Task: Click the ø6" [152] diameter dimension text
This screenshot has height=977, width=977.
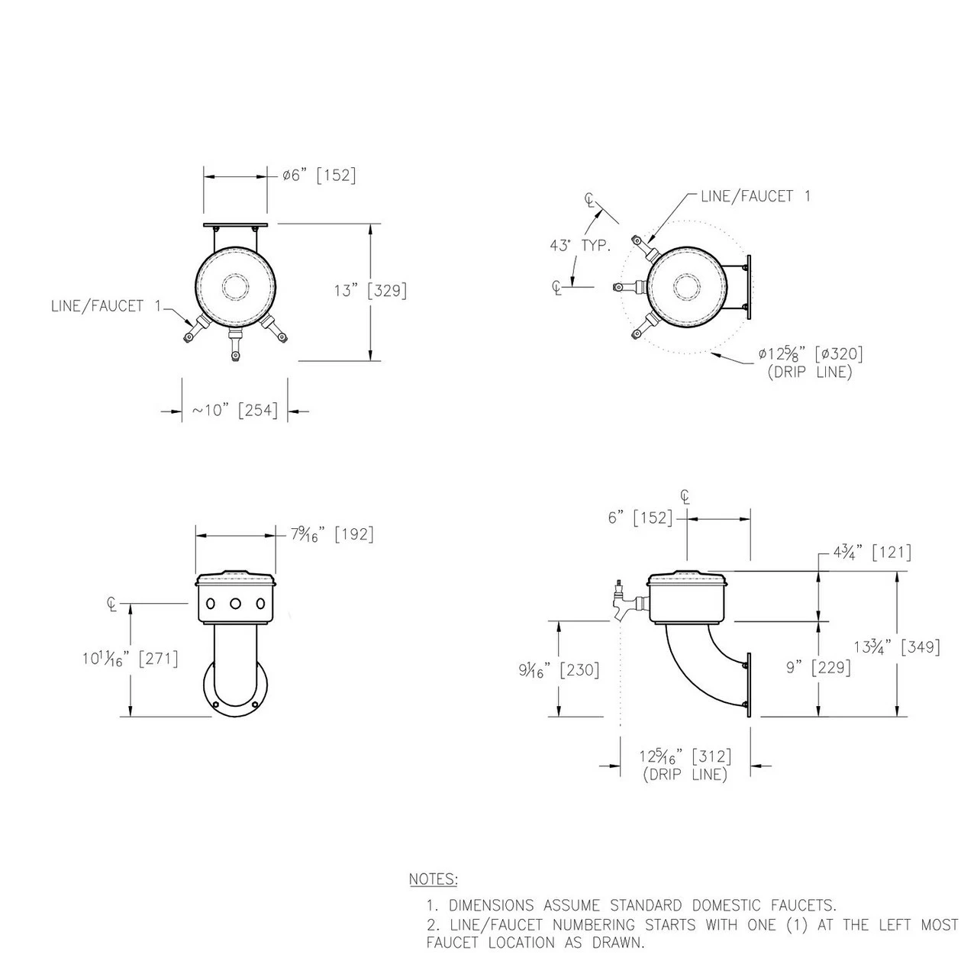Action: tap(319, 176)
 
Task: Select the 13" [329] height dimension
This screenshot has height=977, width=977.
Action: tap(371, 291)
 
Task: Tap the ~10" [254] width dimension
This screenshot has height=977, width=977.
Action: tap(235, 410)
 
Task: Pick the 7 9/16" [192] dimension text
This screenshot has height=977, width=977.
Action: tap(332, 534)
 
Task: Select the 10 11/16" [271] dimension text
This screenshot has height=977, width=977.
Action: tap(131, 659)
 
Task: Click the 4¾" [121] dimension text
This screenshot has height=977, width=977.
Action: tap(872, 552)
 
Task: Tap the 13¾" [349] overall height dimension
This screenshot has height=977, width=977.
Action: tap(897, 647)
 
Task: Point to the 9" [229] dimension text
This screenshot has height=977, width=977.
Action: tap(818, 667)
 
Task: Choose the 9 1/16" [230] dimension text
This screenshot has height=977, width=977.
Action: tap(559, 670)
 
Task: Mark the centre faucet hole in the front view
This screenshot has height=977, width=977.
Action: tap(235, 603)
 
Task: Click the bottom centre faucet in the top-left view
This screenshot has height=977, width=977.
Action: tap(235, 344)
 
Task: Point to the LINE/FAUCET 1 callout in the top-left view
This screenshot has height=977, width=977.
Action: tap(106, 306)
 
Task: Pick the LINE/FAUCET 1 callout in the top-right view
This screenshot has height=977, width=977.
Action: tap(756, 196)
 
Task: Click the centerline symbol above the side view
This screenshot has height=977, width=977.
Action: tap(685, 497)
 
